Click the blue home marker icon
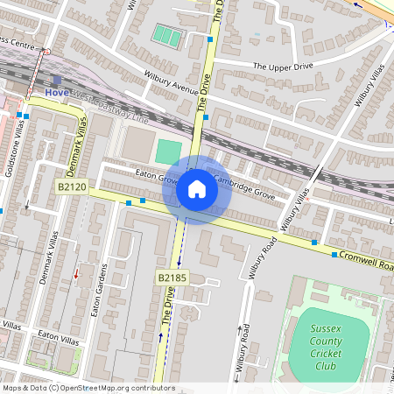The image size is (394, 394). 197,189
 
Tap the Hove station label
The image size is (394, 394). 58,91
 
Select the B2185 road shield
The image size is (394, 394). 172,278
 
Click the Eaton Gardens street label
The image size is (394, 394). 98,290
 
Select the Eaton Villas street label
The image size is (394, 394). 58,335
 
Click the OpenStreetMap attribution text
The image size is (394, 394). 88,388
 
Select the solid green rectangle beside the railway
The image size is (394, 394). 168,151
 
